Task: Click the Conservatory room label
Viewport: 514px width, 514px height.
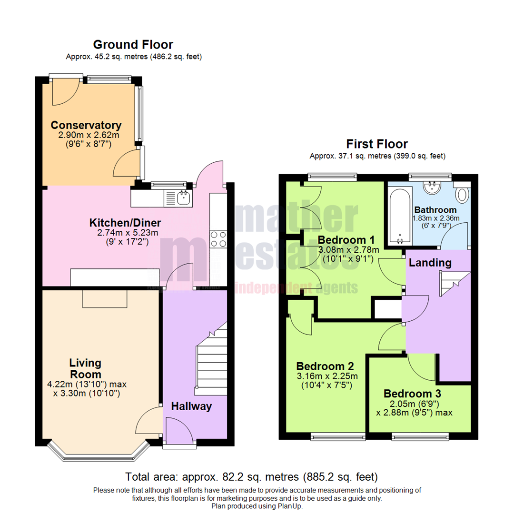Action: (x=86, y=125)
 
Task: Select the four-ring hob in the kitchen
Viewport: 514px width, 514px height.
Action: (x=218, y=238)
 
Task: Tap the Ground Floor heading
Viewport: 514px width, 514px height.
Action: (x=133, y=45)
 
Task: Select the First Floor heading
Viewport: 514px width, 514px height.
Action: (x=377, y=144)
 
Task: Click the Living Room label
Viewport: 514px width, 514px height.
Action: (x=86, y=369)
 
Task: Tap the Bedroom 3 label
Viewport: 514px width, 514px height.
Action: (x=412, y=394)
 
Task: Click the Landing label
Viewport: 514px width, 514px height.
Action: (x=430, y=262)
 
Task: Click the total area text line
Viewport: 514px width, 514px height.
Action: (x=251, y=476)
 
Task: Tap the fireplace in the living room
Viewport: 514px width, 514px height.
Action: (x=105, y=298)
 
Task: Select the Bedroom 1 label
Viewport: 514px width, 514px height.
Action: (x=346, y=239)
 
